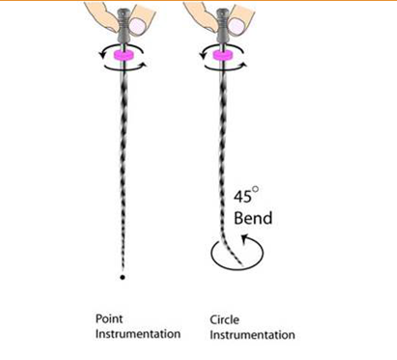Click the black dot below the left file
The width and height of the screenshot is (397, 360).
point(123,277)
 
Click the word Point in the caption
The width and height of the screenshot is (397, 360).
point(107,318)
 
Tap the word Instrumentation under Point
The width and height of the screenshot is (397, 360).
point(137,334)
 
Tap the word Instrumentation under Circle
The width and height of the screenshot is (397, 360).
point(252,334)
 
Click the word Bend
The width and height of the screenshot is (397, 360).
point(253,217)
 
